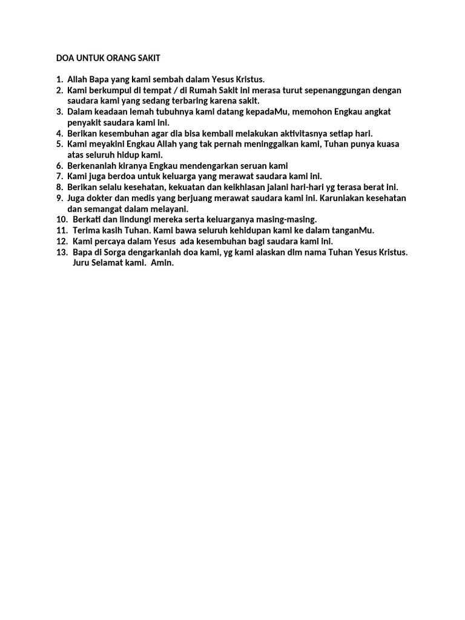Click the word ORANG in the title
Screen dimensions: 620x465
click(x=123, y=58)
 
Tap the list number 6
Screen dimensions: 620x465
click(x=59, y=165)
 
